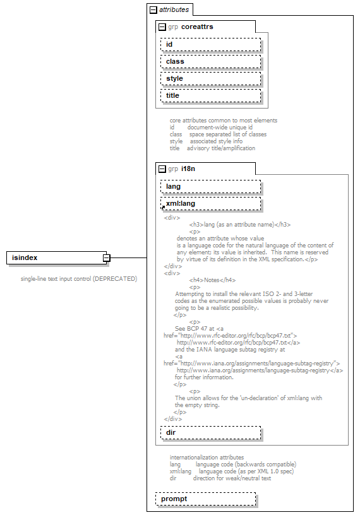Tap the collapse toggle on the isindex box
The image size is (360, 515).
[x=107, y=258]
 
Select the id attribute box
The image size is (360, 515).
[x=211, y=44]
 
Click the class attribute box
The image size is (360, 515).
[x=211, y=61]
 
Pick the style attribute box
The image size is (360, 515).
[x=211, y=78]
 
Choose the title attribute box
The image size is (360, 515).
[x=211, y=95]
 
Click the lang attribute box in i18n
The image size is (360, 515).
[x=211, y=186]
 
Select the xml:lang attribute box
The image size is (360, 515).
[x=211, y=203]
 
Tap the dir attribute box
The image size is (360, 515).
[x=211, y=432]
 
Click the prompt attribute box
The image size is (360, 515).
[x=206, y=499]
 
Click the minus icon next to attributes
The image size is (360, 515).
[x=153, y=10]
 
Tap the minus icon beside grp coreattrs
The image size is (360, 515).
[x=162, y=27]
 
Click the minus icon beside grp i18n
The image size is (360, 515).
[x=162, y=169]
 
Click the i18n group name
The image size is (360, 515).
[x=188, y=169]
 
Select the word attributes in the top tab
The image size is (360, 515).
[x=173, y=10]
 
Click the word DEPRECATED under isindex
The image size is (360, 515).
[x=114, y=278]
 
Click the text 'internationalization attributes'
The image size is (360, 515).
[x=207, y=458]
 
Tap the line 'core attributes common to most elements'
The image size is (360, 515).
[x=223, y=120]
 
